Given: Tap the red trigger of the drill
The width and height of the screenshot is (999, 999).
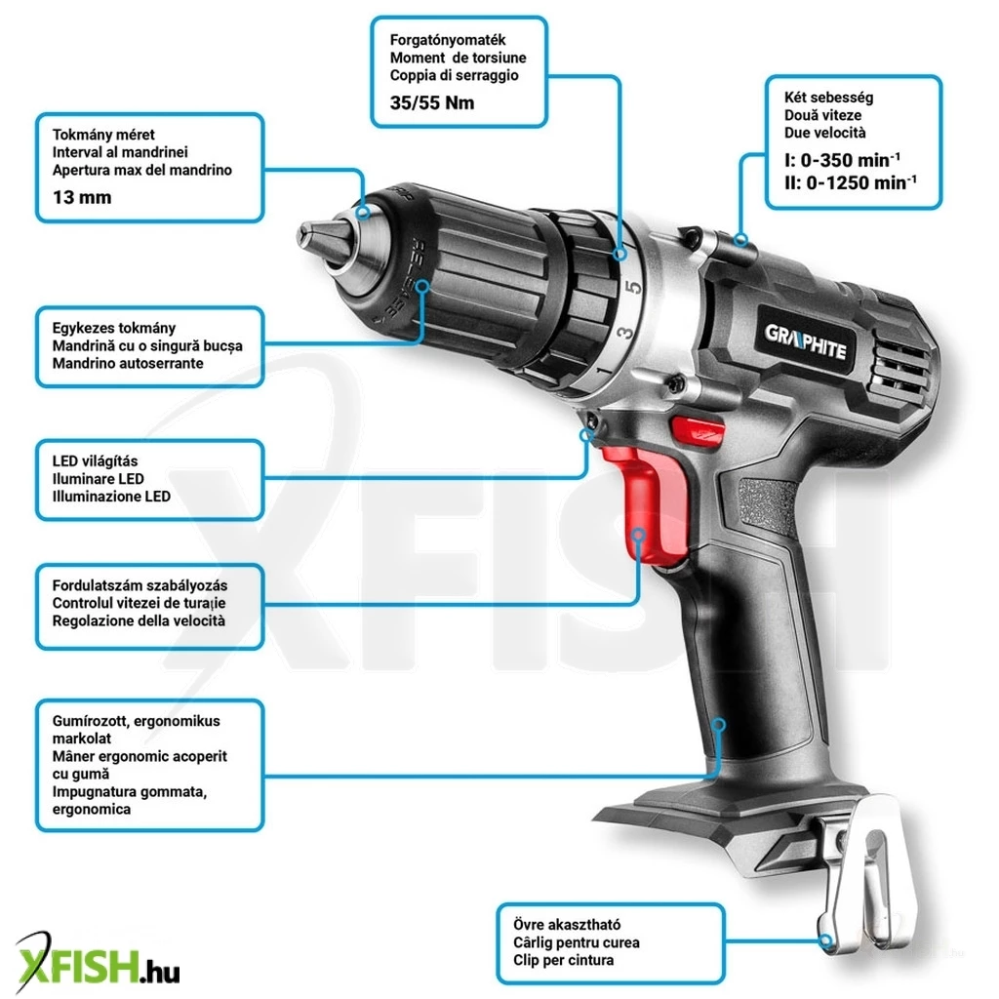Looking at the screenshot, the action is tap(645, 503).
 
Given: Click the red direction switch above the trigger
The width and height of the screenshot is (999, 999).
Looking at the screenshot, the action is tap(697, 429).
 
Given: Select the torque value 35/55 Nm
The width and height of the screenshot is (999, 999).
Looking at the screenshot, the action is tap(432, 102).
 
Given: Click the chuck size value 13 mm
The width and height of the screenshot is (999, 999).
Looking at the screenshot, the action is tap(82, 197).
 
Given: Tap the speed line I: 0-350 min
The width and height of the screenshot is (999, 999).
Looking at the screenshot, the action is tap(842, 159).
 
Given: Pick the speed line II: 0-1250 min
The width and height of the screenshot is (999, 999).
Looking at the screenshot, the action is tap(851, 182).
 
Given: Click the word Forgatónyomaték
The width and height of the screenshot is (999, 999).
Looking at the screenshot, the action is tap(448, 40).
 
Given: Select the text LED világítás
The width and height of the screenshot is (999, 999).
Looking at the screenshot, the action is tap(95, 460).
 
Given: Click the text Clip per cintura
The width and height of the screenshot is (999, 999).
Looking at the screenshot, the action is tap(563, 960).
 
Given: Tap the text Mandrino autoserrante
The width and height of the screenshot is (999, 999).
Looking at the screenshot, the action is tap(128, 363).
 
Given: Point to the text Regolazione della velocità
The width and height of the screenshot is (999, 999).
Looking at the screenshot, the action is tap(139, 620).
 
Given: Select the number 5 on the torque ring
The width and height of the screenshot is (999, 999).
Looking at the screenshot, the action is tap(633, 288).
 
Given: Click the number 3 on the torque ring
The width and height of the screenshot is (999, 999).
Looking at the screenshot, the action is tap(625, 333).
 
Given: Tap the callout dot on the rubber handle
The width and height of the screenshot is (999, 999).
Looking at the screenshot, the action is tap(719, 725).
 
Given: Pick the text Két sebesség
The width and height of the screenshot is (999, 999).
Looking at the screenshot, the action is tap(828, 98).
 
